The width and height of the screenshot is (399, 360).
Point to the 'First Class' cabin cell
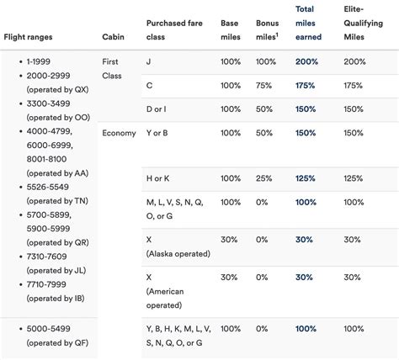[111, 68]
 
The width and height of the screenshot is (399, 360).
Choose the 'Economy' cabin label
[119, 133]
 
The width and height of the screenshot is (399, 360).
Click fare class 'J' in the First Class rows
[149, 61]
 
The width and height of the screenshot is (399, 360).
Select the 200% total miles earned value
[307, 61]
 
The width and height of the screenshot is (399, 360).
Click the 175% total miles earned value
[307, 86]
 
